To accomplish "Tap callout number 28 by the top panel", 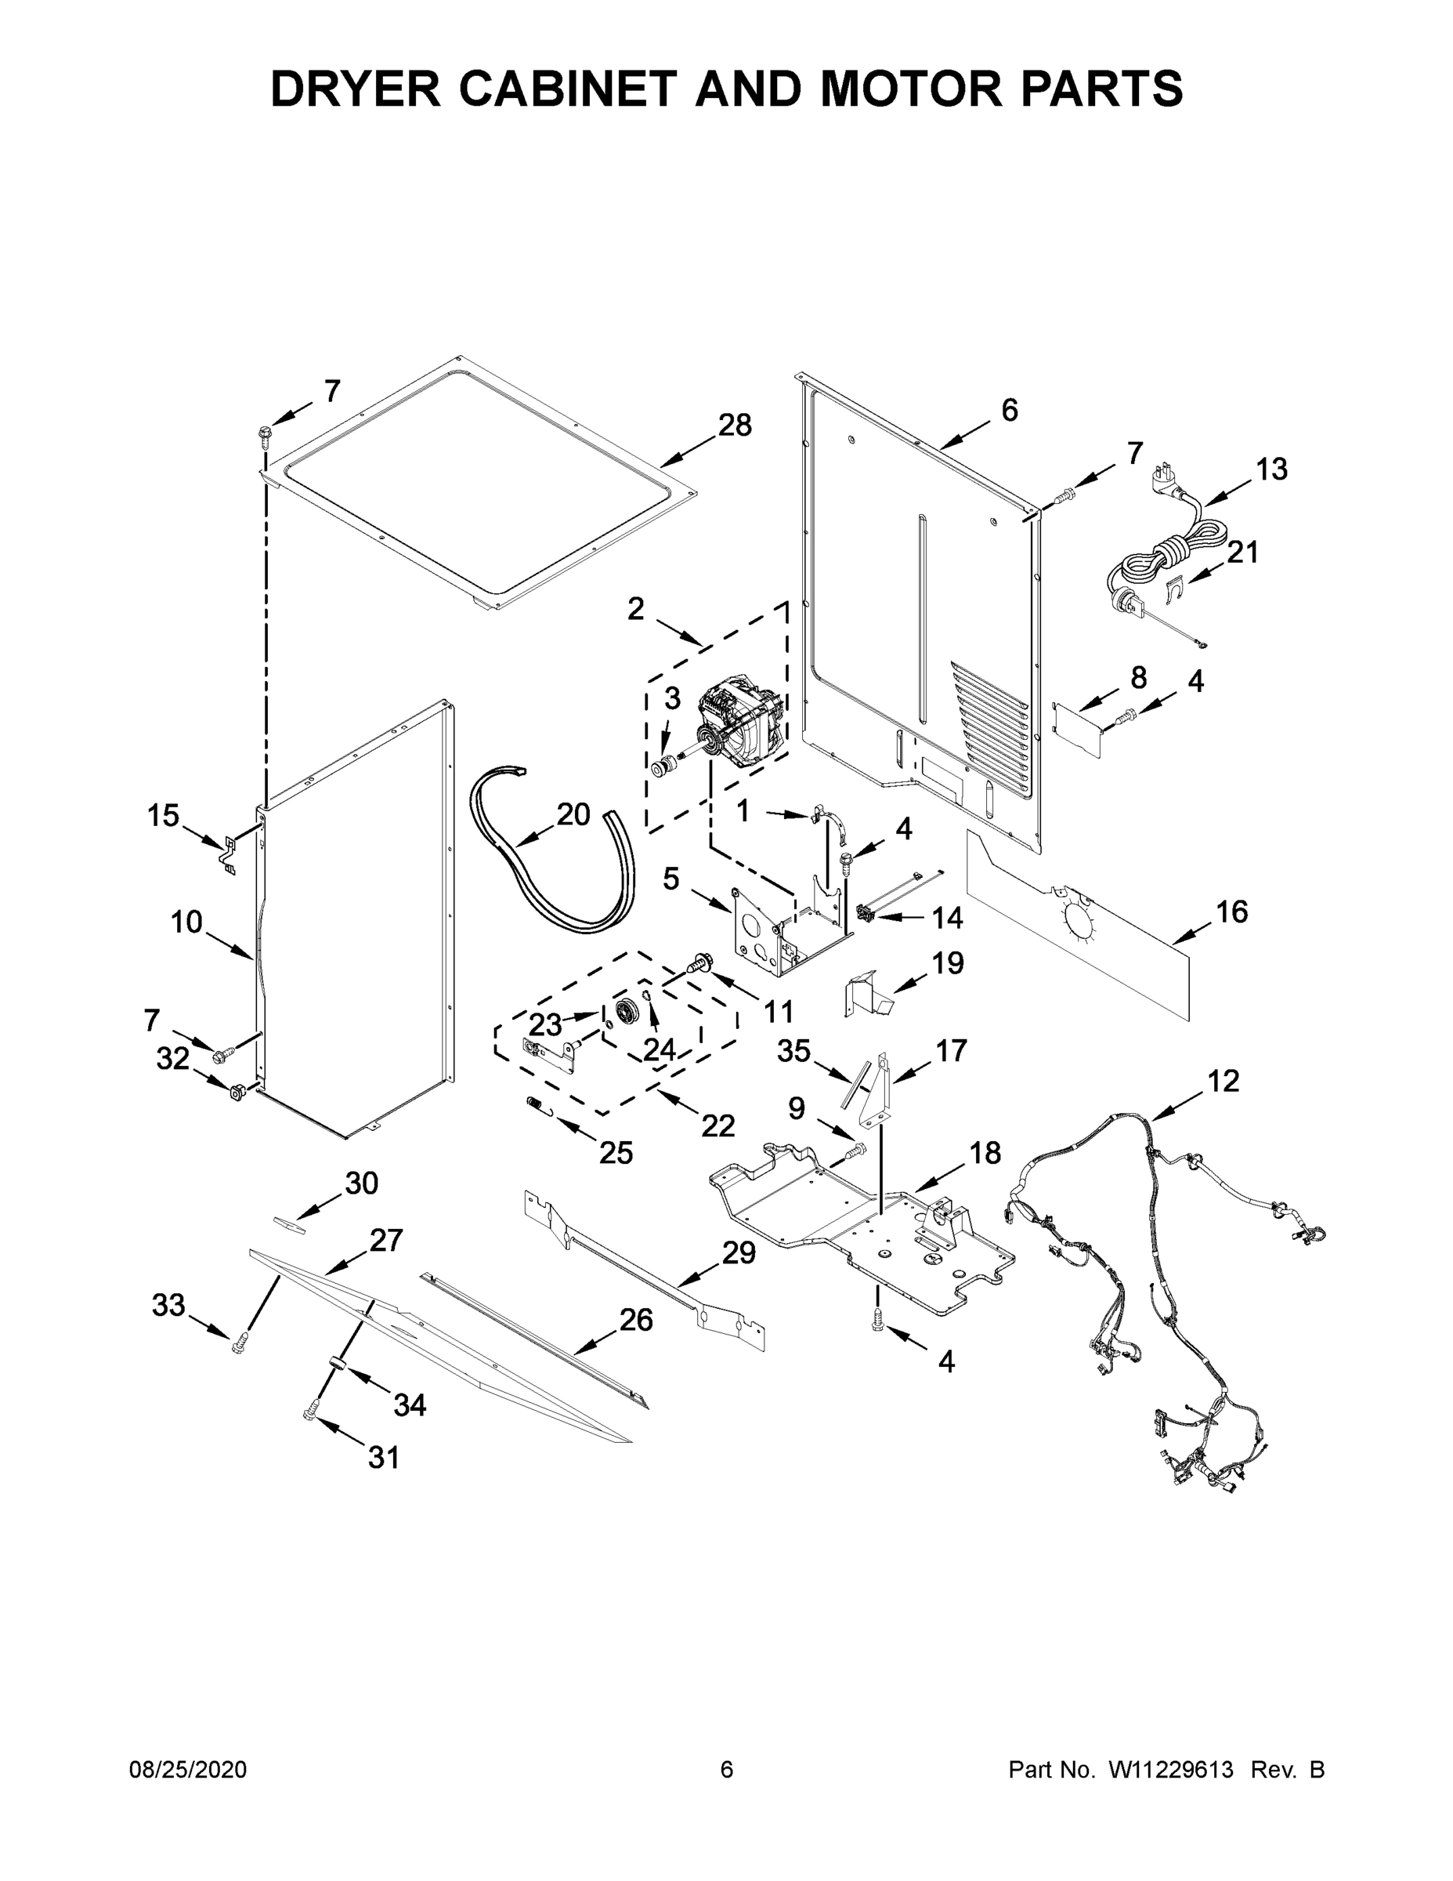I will click(734, 425).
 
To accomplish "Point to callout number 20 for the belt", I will click(573, 814).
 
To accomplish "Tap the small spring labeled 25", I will click(536, 1104).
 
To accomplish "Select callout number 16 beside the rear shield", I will click(1232, 912).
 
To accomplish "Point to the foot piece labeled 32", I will click(235, 1095).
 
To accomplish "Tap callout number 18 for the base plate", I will click(985, 1152).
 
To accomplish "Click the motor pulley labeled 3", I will click(663, 767).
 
